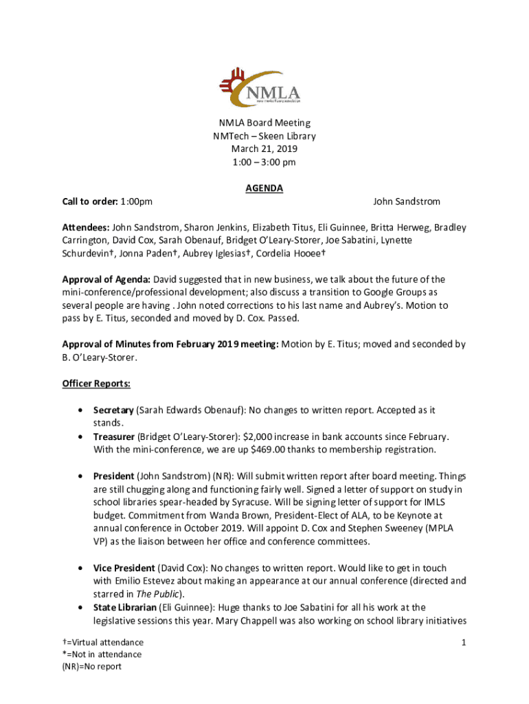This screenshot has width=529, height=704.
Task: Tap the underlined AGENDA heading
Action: (264, 188)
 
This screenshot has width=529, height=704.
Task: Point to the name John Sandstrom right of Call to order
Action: (406, 201)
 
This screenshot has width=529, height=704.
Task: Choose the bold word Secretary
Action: (114, 410)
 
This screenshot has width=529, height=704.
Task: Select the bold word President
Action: (114, 476)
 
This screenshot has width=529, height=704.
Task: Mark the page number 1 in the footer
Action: (464, 642)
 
